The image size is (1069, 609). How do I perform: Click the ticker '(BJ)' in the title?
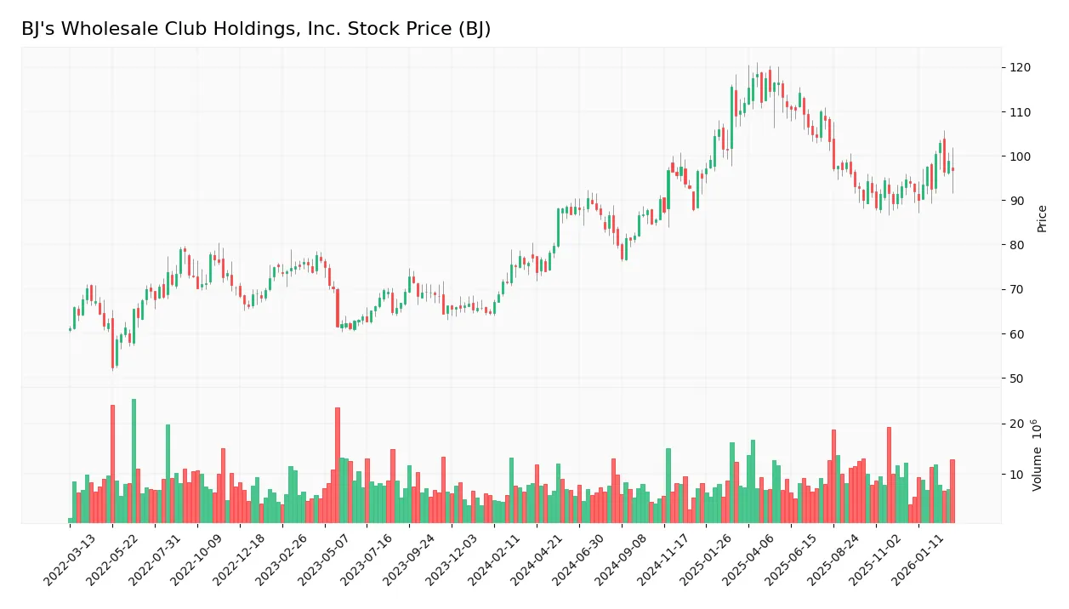pos(471,30)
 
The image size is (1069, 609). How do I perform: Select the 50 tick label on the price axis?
pos(1016,378)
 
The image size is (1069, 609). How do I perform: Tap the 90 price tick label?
pos(1016,201)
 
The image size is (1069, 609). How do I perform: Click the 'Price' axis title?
pos(1042,219)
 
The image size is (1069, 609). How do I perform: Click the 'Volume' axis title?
pos(1038,455)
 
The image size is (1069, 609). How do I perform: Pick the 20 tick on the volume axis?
pos(1016,424)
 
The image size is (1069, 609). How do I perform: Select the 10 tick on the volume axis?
pos(1016,474)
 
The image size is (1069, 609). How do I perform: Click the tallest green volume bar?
pos(134,461)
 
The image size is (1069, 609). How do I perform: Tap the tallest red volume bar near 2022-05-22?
pos(112,464)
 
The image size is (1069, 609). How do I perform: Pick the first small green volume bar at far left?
pos(70,520)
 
